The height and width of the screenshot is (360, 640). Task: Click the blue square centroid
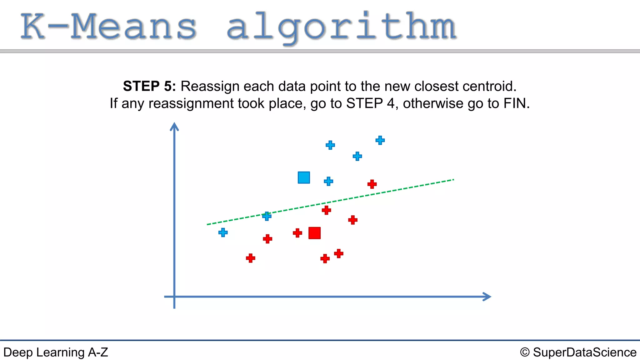[304, 177]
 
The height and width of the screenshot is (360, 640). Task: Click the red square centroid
[314, 233]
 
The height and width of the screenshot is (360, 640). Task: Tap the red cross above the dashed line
[372, 184]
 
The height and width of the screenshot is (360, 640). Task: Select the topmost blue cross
[380, 140]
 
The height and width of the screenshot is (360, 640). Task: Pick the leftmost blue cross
[223, 232]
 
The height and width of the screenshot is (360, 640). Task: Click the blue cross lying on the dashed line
[267, 216]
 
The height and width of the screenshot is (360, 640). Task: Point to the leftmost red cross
[250, 258]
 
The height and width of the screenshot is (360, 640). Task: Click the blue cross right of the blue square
[328, 181]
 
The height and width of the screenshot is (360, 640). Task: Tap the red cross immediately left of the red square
[297, 233]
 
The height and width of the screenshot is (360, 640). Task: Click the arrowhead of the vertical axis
[174, 126]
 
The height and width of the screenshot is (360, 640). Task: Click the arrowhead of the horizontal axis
[487, 297]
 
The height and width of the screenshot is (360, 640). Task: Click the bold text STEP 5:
[149, 86]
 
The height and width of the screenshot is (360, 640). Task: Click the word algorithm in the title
[341, 27]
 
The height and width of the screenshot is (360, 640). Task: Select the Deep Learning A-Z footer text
[56, 352]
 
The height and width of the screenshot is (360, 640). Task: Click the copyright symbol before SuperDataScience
[525, 352]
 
